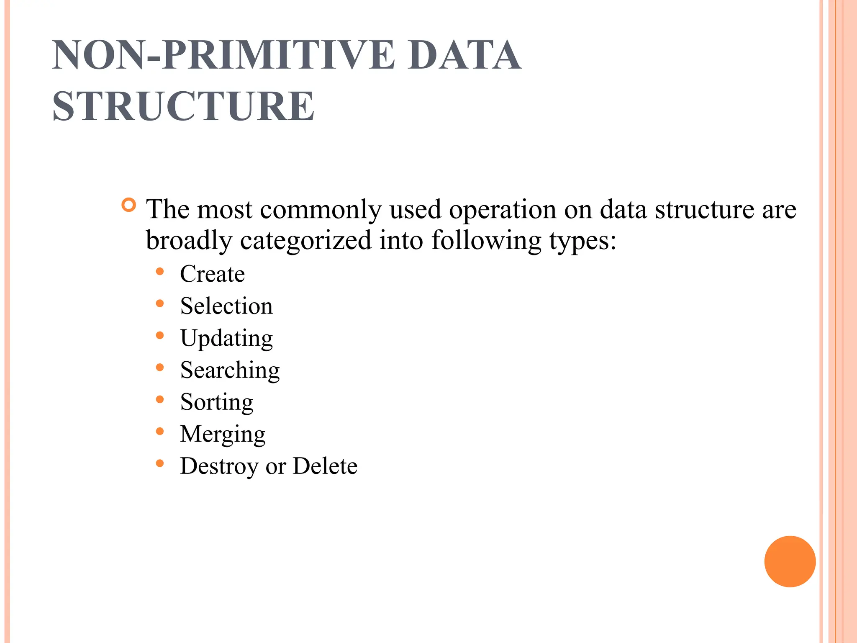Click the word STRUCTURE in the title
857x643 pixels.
point(183,106)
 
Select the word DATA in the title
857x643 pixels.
point(464,55)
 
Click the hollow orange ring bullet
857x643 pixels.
point(129,205)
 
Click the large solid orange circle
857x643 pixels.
point(790,561)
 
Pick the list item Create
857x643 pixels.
point(212,274)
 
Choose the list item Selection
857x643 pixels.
point(226,306)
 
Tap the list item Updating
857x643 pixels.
point(226,338)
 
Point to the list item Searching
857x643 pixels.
point(230,370)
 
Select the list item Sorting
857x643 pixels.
point(217,402)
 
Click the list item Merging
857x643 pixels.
point(223,434)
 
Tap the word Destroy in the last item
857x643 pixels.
point(219,466)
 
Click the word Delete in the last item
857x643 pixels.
point(325,466)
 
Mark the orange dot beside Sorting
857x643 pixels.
point(159,400)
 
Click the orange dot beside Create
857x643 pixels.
point(159,272)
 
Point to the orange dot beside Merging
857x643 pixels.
point(159,432)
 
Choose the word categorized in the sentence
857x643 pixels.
point(306,241)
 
